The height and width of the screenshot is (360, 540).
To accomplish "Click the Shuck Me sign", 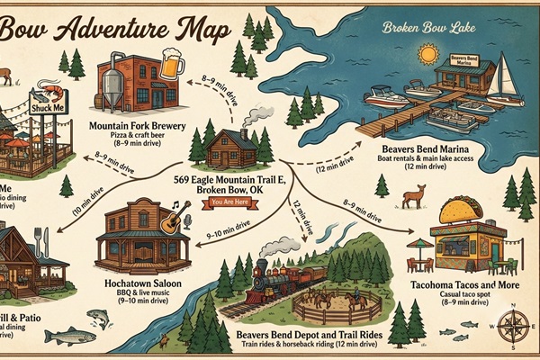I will [47, 107].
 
